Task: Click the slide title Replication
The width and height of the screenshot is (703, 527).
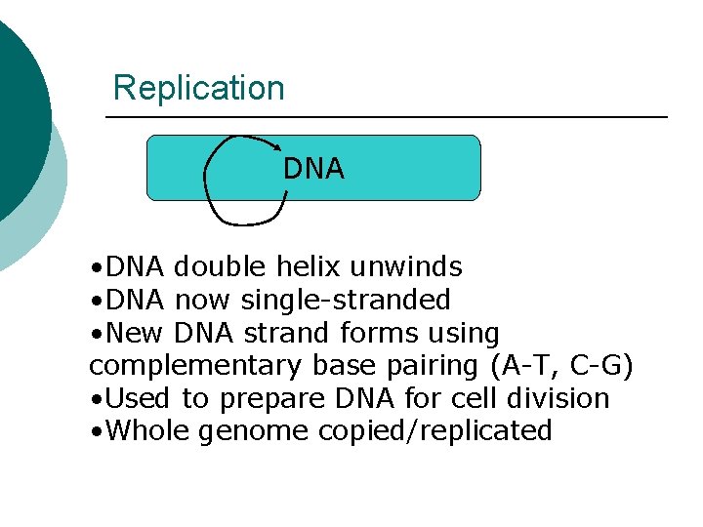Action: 198,88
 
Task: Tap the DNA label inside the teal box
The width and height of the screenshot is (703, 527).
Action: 313,169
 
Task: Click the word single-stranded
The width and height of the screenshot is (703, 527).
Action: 346,300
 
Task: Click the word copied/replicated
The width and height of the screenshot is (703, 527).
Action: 435,431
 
